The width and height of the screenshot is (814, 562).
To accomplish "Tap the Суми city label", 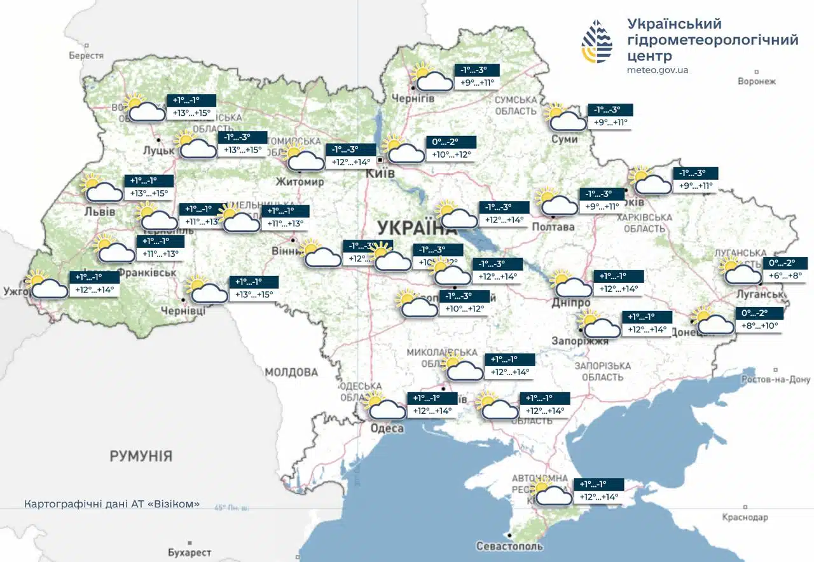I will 565,139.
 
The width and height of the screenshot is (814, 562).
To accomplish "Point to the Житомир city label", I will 300,182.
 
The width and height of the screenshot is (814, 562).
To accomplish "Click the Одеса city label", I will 387,428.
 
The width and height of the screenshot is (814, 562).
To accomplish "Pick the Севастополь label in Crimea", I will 509,546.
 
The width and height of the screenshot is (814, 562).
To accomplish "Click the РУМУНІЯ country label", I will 141,456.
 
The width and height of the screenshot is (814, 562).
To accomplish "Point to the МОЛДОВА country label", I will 291,372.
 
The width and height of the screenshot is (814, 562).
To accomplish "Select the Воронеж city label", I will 757,81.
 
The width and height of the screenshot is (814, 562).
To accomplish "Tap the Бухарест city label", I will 190,552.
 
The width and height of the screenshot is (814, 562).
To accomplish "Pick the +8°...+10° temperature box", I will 759,325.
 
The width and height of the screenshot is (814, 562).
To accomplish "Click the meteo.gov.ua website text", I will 658,70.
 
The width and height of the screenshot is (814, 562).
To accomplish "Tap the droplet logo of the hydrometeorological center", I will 597,41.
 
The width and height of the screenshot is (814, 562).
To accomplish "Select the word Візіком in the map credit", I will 175,504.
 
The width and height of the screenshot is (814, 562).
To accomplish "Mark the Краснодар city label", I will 745,517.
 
